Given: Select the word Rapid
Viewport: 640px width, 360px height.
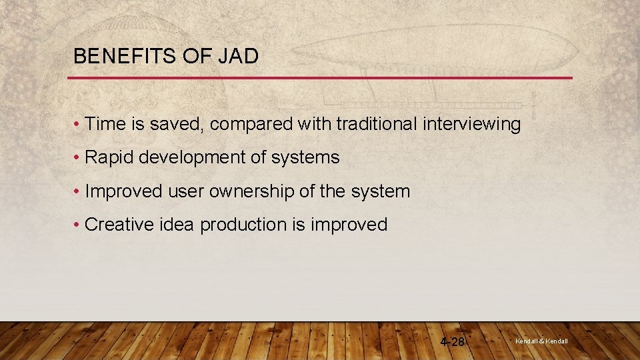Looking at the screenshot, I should point(109,158).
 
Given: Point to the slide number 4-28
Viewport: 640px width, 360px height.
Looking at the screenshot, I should point(453,342).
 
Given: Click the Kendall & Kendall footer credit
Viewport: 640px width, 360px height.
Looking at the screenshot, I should point(541,341).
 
